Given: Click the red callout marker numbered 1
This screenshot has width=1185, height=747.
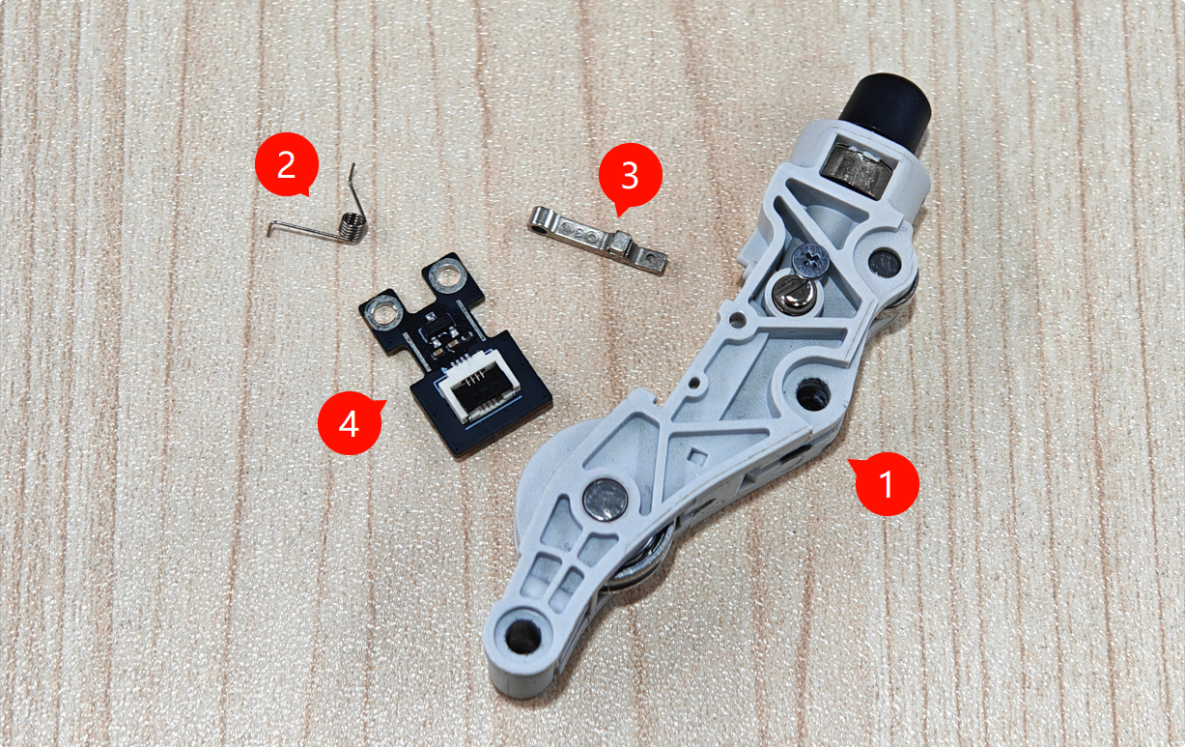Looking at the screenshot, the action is tap(887, 483).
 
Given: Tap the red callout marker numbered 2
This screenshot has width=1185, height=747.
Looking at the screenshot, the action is tap(286, 164).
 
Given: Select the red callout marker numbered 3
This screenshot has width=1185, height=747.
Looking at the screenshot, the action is tap(630, 175).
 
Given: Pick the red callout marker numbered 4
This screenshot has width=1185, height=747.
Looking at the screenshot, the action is tap(350, 423).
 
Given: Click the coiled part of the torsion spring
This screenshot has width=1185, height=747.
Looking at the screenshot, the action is tap(353, 226).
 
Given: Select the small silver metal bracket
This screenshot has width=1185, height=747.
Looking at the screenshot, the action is tap(598, 240).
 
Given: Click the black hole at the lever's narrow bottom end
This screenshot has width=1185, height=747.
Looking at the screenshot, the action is tap(522, 637).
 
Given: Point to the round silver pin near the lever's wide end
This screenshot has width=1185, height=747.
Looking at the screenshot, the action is tap(607, 500).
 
